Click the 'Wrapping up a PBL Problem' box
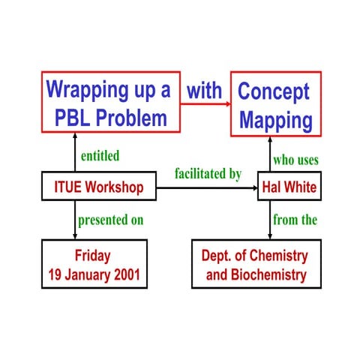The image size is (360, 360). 108,103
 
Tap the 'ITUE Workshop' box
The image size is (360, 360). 98,186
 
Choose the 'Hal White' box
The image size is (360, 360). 289,186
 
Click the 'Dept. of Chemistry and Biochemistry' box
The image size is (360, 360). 256,264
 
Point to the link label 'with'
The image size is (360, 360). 204,91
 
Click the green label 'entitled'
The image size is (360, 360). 100,156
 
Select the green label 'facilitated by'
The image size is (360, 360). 208,173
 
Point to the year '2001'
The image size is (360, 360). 124,275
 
